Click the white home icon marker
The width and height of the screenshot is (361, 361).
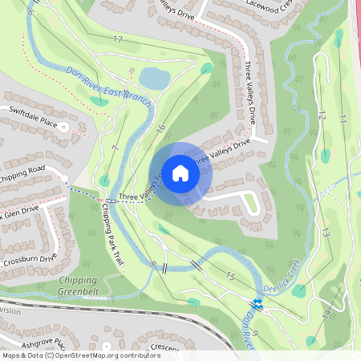(180, 173)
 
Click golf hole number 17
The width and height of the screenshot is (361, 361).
(118, 39)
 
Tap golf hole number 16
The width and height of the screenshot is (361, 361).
(160, 128)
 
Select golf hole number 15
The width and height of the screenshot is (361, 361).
(230, 277)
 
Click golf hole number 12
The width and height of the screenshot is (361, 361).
(322, 115)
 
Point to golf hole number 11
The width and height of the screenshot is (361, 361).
(342, 119)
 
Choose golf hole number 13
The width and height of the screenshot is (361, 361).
(326, 232)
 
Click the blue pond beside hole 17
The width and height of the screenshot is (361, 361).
(153, 78)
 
